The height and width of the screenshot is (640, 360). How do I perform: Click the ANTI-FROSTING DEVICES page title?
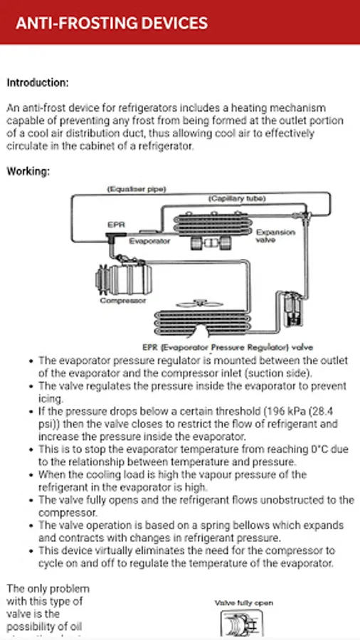pos(112,23)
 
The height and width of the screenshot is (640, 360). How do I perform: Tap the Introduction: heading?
pos(38,83)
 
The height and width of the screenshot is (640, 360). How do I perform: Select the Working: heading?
pos(28,171)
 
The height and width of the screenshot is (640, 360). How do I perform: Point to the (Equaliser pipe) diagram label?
pos(136,189)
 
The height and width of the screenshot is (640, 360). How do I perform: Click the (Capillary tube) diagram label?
pos(237,199)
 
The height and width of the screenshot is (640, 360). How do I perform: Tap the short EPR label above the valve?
pos(116,225)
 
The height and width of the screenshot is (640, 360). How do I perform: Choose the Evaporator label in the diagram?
pos(149,241)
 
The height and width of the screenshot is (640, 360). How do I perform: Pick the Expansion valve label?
pos(275,236)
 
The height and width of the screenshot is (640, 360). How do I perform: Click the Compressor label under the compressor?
pos(123,301)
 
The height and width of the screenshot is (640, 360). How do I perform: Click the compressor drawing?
pos(123,279)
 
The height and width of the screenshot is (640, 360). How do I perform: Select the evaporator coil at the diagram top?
pos(211,224)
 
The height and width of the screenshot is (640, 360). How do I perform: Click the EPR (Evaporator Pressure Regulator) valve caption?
pos(228,348)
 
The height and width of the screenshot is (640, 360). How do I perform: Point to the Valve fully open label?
pos(243,603)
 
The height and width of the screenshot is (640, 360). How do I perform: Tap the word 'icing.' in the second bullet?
pos(51,399)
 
